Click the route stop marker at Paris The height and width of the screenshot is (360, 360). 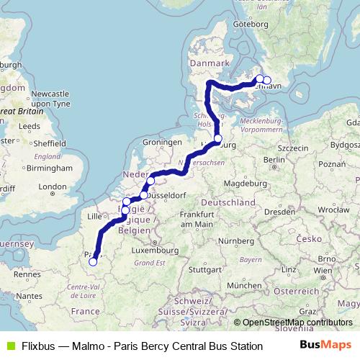click(x=92, y=262)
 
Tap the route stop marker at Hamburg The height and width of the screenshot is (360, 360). click(x=218, y=138)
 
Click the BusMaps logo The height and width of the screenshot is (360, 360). click(x=326, y=346)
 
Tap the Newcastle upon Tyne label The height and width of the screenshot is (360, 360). click(x=48, y=99)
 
